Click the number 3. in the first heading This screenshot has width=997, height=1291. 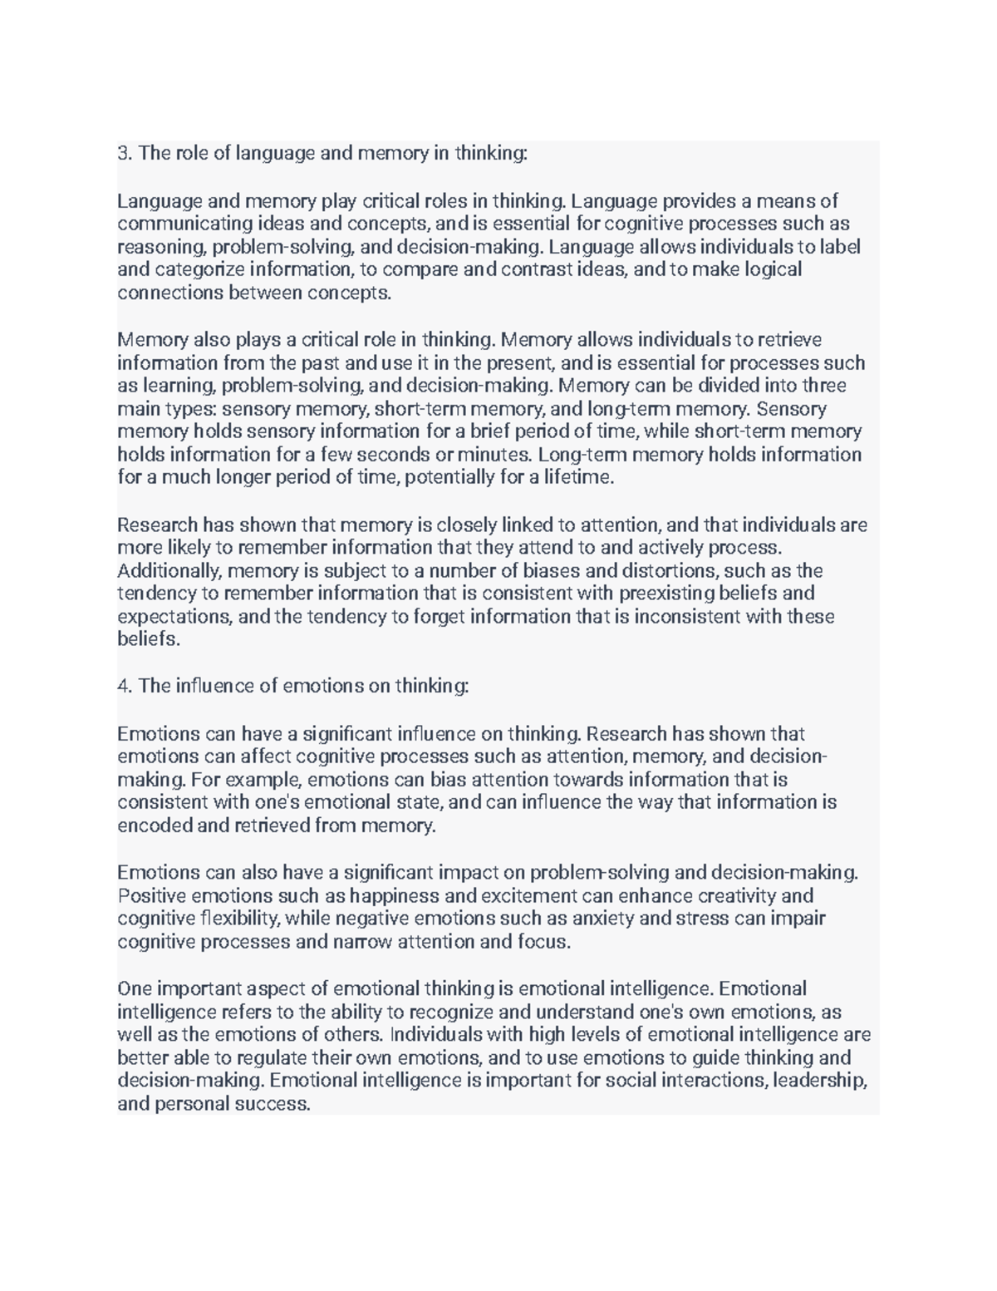[125, 153]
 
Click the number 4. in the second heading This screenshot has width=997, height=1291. [125, 686]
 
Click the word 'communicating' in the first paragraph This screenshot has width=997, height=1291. [173, 224]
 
